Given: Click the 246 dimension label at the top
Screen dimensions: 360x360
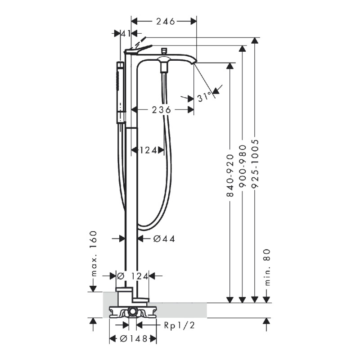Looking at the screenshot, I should coord(166,21).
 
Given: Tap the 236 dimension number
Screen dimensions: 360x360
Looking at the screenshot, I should coord(161,109).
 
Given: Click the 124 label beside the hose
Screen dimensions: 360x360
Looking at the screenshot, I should coord(148,150).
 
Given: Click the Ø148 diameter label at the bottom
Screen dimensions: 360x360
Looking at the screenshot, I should coord(133,338).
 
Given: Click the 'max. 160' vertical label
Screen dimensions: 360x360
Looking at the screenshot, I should coord(93,254).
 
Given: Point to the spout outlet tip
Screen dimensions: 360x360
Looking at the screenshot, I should coord(194,62).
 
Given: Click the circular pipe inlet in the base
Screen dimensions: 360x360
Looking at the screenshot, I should coord(133,312).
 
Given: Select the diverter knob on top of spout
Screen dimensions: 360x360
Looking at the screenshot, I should coord(164,51).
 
